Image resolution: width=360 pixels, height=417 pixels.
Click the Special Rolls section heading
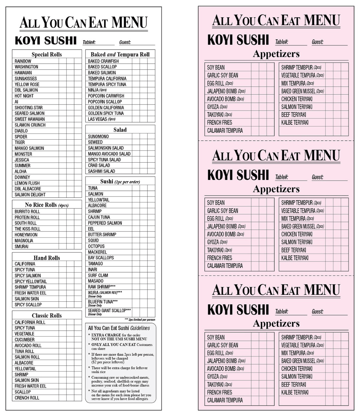47,54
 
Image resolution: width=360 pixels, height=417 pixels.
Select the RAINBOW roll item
23,61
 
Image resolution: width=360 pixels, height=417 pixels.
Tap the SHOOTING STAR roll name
29,108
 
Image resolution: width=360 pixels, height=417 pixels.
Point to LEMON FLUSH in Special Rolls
27,183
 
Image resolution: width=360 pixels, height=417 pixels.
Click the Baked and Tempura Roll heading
120,54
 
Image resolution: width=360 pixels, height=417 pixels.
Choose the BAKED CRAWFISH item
103,61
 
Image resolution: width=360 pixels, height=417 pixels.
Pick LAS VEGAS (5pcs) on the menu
102,119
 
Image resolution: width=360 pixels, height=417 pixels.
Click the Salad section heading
120,130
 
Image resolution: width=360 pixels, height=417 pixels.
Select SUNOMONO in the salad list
98,136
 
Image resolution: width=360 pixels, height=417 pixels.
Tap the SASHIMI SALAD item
101,171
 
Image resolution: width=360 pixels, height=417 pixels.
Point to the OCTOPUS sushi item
96,246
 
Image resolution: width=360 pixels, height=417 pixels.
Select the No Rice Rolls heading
47,205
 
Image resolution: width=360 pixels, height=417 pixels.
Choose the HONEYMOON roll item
26,235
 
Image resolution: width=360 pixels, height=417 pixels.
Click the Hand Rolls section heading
47,258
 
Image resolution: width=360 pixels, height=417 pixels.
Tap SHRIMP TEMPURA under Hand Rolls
30,287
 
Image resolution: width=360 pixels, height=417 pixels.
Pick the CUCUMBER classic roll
24,340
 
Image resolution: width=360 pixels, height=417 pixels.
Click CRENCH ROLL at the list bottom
27,398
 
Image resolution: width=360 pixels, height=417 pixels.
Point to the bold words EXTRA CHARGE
106,335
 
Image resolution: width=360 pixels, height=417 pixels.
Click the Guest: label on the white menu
125,42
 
